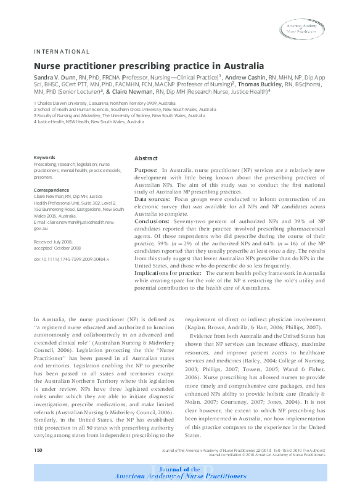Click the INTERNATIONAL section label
click(x=61, y=52)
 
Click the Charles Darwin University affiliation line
click(x=96, y=103)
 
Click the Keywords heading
click(x=44, y=158)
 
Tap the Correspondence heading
click(x=51, y=190)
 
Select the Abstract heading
click(x=146, y=158)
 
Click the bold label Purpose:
click(x=146, y=169)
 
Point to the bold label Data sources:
click(x=153, y=199)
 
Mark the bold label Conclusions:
click(x=152, y=221)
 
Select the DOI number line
click(x=71, y=259)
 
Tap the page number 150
click(x=38, y=451)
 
